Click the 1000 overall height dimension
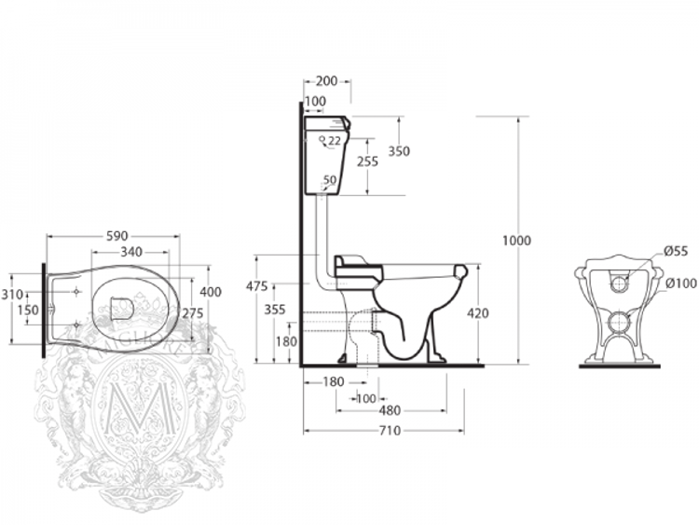(x=516, y=241)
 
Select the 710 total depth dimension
(x=389, y=430)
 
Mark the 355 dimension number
(x=274, y=310)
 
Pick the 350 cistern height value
(x=400, y=151)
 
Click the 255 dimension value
(x=367, y=161)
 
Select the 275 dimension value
(x=192, y=313)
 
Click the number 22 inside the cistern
(x=334, y=140)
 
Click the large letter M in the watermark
(x=130, y=410)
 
